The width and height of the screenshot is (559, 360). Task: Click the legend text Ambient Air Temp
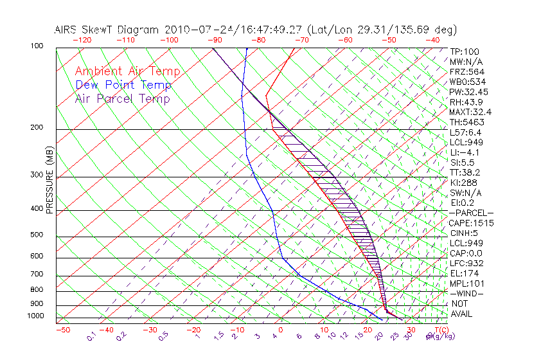click(127, 72)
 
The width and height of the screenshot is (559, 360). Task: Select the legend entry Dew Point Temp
click(123, 85)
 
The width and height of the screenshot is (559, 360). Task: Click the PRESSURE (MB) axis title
click(50, 183)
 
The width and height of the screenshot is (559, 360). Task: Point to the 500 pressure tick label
click(37, 235)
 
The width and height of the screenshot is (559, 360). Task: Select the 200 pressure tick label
click(37, 127)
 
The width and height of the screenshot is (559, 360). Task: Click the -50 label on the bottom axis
click(63, 330)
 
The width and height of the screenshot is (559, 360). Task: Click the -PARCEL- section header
click(471, 213)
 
